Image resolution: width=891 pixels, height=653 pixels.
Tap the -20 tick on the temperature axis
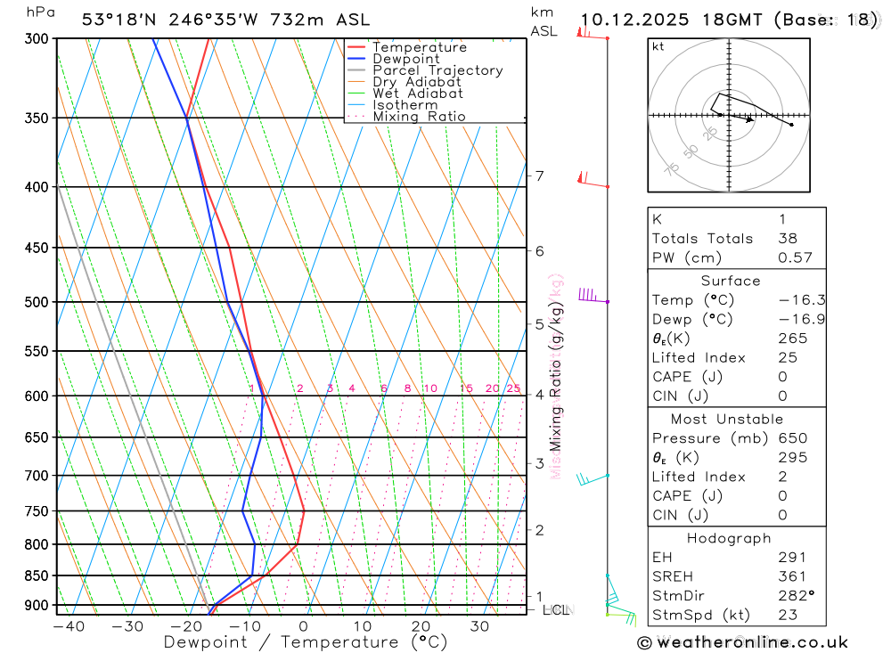click(x=185, y=626)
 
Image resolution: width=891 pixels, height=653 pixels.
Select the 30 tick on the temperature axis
click(x=479, y=626)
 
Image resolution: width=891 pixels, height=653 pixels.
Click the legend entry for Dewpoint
click(x=406, y=59)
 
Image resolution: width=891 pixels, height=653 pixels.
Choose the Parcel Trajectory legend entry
click(x=437, y=70)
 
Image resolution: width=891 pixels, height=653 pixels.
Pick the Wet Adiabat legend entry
click(x=418, y=94)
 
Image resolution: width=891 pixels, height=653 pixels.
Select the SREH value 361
click(x=791, y=576)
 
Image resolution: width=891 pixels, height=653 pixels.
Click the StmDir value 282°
click(x=795, y=596)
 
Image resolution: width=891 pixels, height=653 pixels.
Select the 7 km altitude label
click(x=540, y=175)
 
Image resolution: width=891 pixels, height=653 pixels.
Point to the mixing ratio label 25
click(x=513, y=388)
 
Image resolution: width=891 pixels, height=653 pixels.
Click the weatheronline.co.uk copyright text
click(x=742, y=641)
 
